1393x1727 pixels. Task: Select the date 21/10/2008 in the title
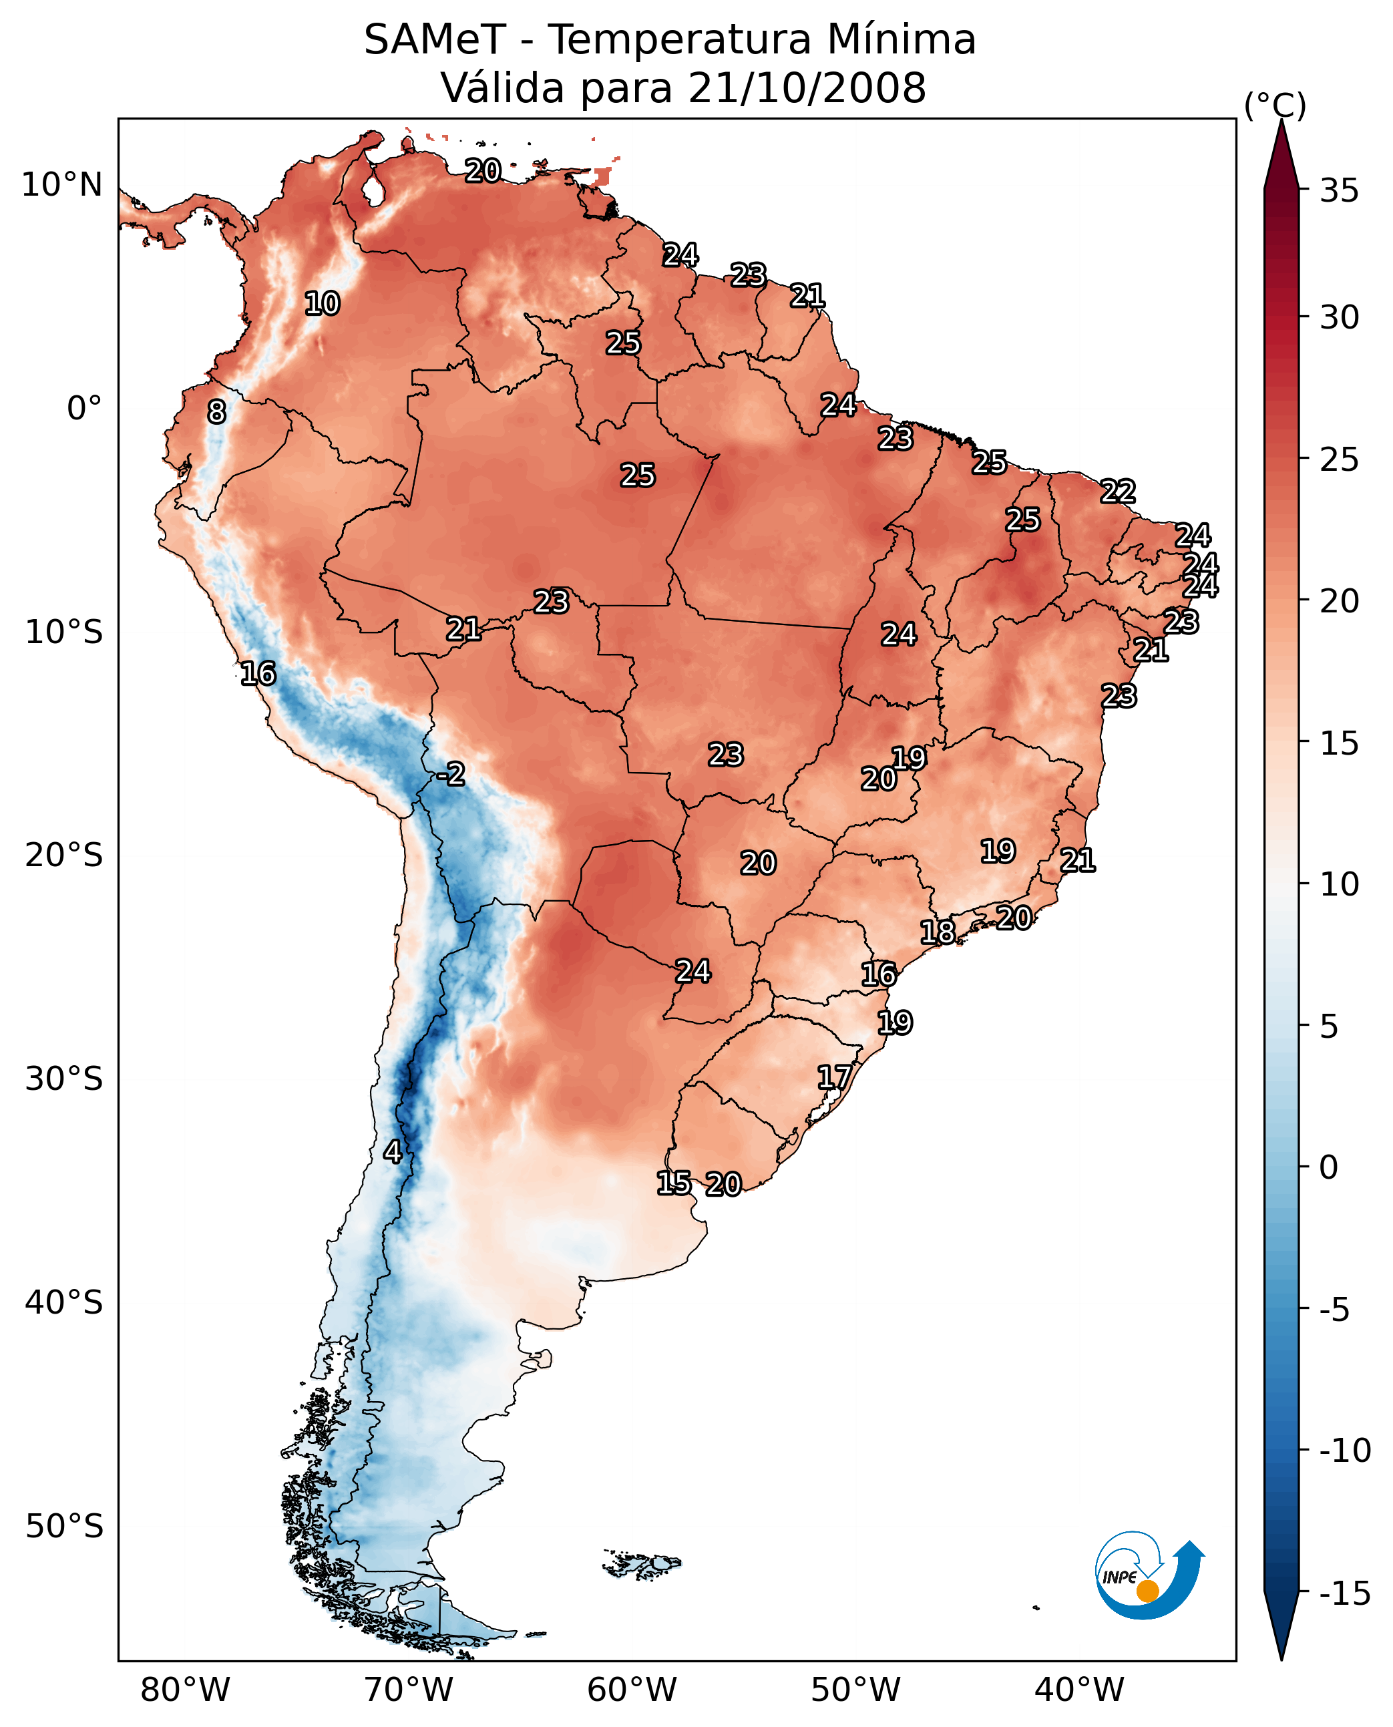(x=807, y=88)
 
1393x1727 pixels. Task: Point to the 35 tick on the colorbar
(x=1339, y=191)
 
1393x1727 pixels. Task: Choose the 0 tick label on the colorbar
(x=1330, y=1167)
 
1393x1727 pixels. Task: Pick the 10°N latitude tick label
(x=62, y=186)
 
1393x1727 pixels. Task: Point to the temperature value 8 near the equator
(x=216, y=413)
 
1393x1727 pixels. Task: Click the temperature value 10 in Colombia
(x=323, y=304)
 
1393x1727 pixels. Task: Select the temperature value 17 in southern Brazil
(x=835, y=1077)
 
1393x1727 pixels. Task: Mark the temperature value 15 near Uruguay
(x=674, y=1183)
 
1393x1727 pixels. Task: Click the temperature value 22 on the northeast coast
(x=1118, y=491)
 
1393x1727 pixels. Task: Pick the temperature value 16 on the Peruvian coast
(x=258, y=673)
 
